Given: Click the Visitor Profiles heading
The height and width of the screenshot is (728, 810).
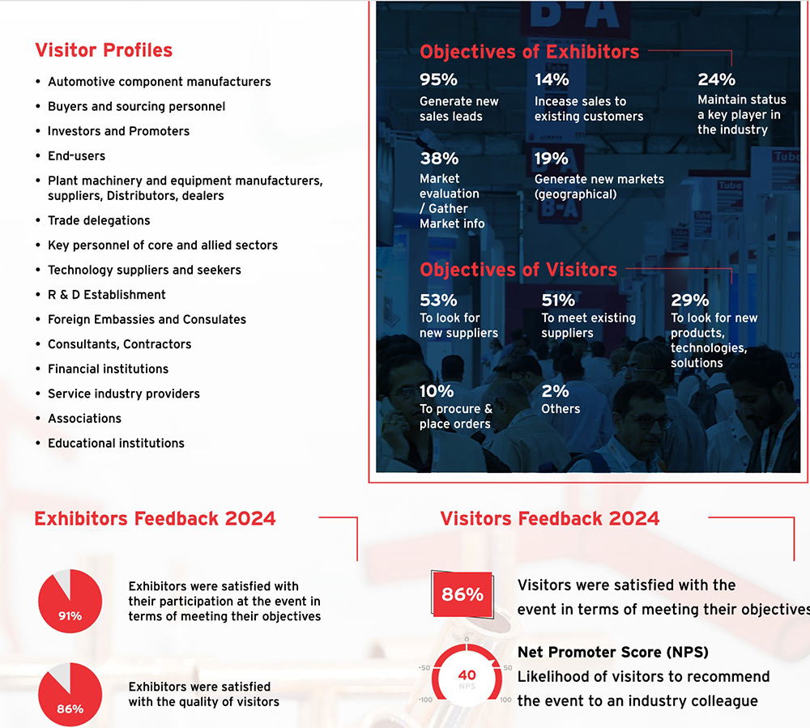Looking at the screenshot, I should [104, 50].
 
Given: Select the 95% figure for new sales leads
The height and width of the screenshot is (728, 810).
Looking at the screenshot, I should [438, 79].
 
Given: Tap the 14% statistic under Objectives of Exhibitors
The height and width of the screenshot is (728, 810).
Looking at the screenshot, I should [552, 79].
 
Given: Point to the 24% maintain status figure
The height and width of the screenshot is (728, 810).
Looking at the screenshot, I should [716, 79].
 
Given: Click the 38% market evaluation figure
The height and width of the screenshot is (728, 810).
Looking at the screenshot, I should [438, 158].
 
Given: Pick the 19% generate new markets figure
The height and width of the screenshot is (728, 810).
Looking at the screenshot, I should [552, 158].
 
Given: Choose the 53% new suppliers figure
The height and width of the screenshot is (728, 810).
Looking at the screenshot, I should [438, 300].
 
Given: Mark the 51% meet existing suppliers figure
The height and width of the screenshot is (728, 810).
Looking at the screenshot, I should [558, 300].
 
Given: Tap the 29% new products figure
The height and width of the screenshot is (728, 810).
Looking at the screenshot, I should [689, 300].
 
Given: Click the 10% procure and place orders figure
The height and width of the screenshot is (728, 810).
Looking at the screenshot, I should [436, 391].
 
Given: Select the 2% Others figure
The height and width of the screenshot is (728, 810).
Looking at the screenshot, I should [555, 391].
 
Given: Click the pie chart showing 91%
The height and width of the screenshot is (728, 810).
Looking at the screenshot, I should [70, 602].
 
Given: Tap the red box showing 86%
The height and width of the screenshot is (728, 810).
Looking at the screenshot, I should [463, 594].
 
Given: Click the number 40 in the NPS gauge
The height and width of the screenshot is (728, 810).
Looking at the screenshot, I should [467, 675].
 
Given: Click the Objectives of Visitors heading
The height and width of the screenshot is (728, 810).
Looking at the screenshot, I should [518, 270].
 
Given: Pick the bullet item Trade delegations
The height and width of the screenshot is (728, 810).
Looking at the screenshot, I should [99, 220].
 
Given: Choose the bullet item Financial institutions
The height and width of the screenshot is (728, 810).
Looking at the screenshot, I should [108, 368].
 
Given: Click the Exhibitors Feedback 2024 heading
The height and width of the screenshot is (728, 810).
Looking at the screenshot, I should [155, 518].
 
